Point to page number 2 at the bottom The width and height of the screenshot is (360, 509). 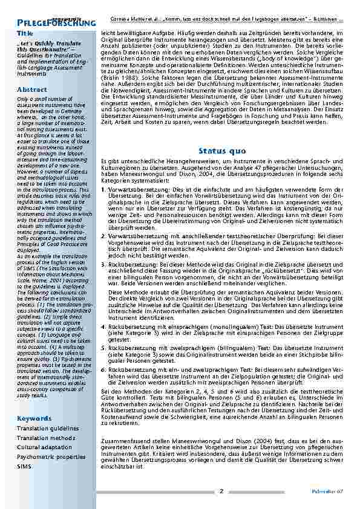click(x=221, y=491)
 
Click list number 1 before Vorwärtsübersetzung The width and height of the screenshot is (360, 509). click(x=103, y=189)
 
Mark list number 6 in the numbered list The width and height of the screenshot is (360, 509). click(x=103, y=368)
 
